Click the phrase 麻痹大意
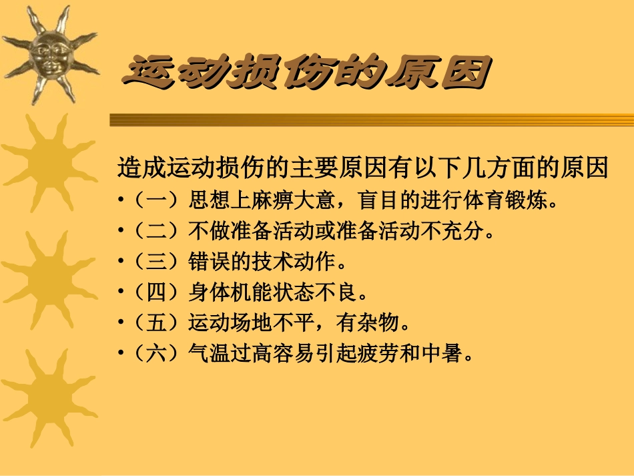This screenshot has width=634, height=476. point(294,200)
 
